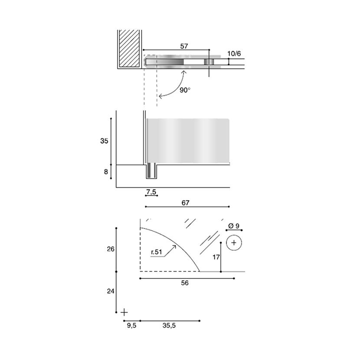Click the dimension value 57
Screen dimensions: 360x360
[184, 46]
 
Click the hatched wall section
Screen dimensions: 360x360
[129, 49]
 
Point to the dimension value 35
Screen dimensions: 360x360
[104, 141]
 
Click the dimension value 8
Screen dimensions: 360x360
[106, 172]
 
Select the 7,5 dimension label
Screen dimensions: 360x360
[151, 191]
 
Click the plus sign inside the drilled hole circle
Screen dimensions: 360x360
[234, 242]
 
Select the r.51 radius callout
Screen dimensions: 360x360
[157, 252]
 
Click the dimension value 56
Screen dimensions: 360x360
[185, 282]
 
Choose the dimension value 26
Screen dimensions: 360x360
[111, 249]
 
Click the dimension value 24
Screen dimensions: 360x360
[111, 291]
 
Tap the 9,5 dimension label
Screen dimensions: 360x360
[131, 325]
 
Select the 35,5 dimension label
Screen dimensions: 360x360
[169, 325]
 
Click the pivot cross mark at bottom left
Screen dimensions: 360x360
[124, 312]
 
